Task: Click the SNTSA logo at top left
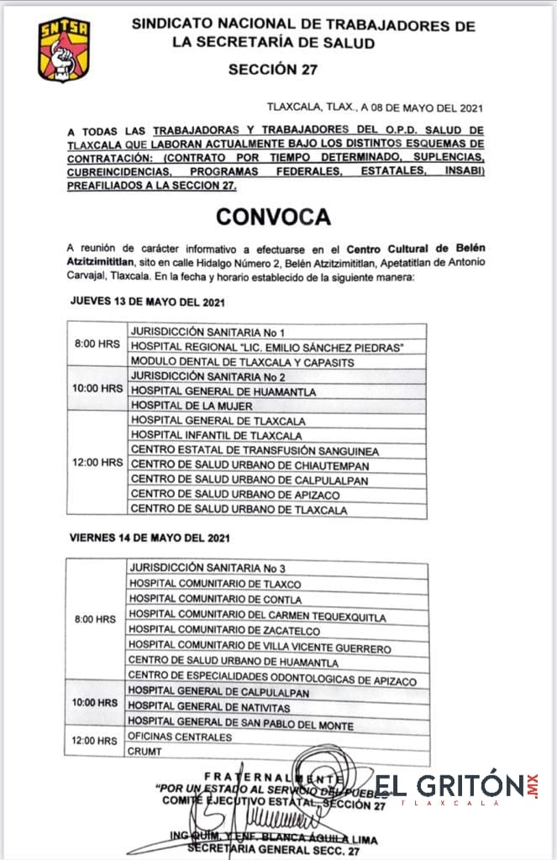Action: [64, 50]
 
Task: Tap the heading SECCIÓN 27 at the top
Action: [273, 71]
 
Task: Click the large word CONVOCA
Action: [273, 216]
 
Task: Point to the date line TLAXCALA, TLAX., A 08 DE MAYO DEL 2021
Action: [375, 107]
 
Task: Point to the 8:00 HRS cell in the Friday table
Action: [95, 620]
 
